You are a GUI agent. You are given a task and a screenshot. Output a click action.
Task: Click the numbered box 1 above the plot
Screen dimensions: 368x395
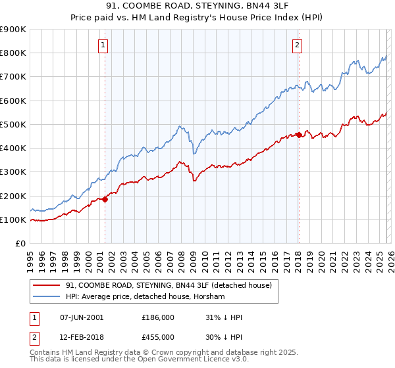[x=104, y=45]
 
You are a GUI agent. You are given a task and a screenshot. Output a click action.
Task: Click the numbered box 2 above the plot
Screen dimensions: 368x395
[x=298, y=45]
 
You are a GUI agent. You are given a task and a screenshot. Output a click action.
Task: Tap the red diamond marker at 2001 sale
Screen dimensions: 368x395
[x=105, y=199]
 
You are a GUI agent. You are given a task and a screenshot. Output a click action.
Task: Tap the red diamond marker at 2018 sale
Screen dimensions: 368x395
[x=298, y=135]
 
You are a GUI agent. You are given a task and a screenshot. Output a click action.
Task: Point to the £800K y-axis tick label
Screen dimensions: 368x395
[x=13, y=53]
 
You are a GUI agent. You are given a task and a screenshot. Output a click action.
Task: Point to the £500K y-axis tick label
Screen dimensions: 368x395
[x=13, y=124]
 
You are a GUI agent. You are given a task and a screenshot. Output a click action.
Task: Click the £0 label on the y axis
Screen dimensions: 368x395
[x=20, y=243]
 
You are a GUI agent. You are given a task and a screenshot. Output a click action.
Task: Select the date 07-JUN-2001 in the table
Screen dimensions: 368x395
[x=81, y=317]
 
